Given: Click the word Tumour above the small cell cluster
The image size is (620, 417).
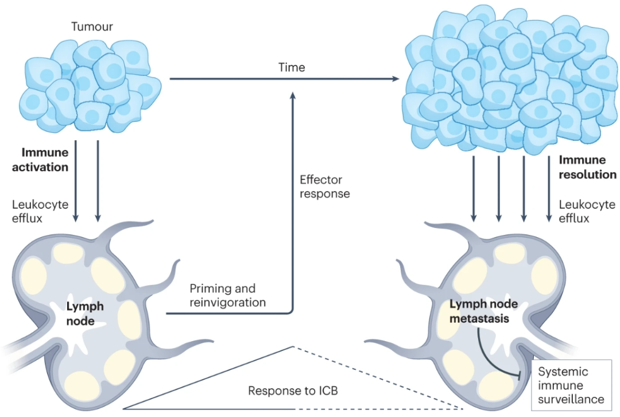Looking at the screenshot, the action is coord(92,26).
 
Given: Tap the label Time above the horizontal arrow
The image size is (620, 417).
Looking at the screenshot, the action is coord(292,67).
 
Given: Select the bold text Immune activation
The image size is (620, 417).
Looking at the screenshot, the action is coord(40,160).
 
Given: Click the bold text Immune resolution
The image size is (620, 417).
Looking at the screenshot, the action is coord(588,167).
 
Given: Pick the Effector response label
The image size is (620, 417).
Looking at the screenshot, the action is coord(324,187).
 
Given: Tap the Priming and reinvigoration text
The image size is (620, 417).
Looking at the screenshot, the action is coord(228,295).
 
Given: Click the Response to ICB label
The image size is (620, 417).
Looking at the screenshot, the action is coord(293,391).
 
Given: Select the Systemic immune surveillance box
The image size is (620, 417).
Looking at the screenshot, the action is coord(572,385).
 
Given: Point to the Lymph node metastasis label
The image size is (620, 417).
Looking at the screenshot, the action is coord(483,311).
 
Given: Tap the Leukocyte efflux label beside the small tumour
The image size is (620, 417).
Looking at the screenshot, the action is coord(40,211).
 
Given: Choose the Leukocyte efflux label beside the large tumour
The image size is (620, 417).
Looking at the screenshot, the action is coord(587,211).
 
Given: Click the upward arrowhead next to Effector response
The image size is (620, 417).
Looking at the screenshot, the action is coord(293,96).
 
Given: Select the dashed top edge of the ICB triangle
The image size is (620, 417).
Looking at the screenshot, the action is coord(378,377).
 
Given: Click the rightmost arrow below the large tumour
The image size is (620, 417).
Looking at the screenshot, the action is coord(549,189).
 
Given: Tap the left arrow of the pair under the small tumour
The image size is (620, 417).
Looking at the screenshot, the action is coord(76,181).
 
